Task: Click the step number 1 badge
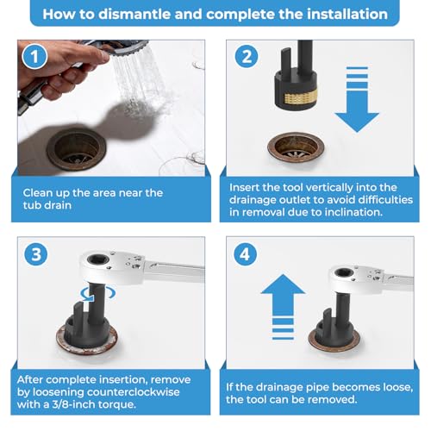pyautogui.click(x=34, y=56)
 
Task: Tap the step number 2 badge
pyautogui.click(x=247, y=56)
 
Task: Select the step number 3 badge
pyautogui.click(x=36, y=254)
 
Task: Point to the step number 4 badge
pyautogui.click(x=245, y=254)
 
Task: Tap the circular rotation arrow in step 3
pyautogui.click(x=97, y=294)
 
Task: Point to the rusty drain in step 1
pyautogui.click(x=77, y=149)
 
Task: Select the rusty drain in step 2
pyautogui.click(x=296, y=148)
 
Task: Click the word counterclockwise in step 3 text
pyautogui.click(x=133, y=392)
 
